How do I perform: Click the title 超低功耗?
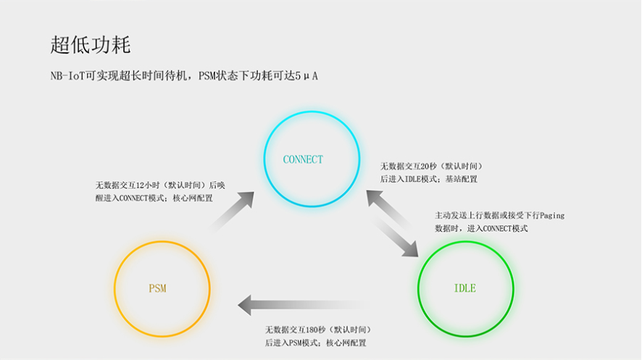[x=91, y=45]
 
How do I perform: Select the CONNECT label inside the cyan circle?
[x=303, y=159]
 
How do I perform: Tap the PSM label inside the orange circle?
[x=157, y=288]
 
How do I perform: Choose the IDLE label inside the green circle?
[x=464, y=288]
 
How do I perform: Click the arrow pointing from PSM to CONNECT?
[x=233, y=211]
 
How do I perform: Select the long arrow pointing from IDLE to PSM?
[x=304, y=305]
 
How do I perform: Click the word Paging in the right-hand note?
[x=550, y=215]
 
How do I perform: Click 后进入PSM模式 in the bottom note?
[x=292, y=343]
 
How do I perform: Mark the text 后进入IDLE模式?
[x=409, y=179]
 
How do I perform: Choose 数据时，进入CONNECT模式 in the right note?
[x=481, y=228]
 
